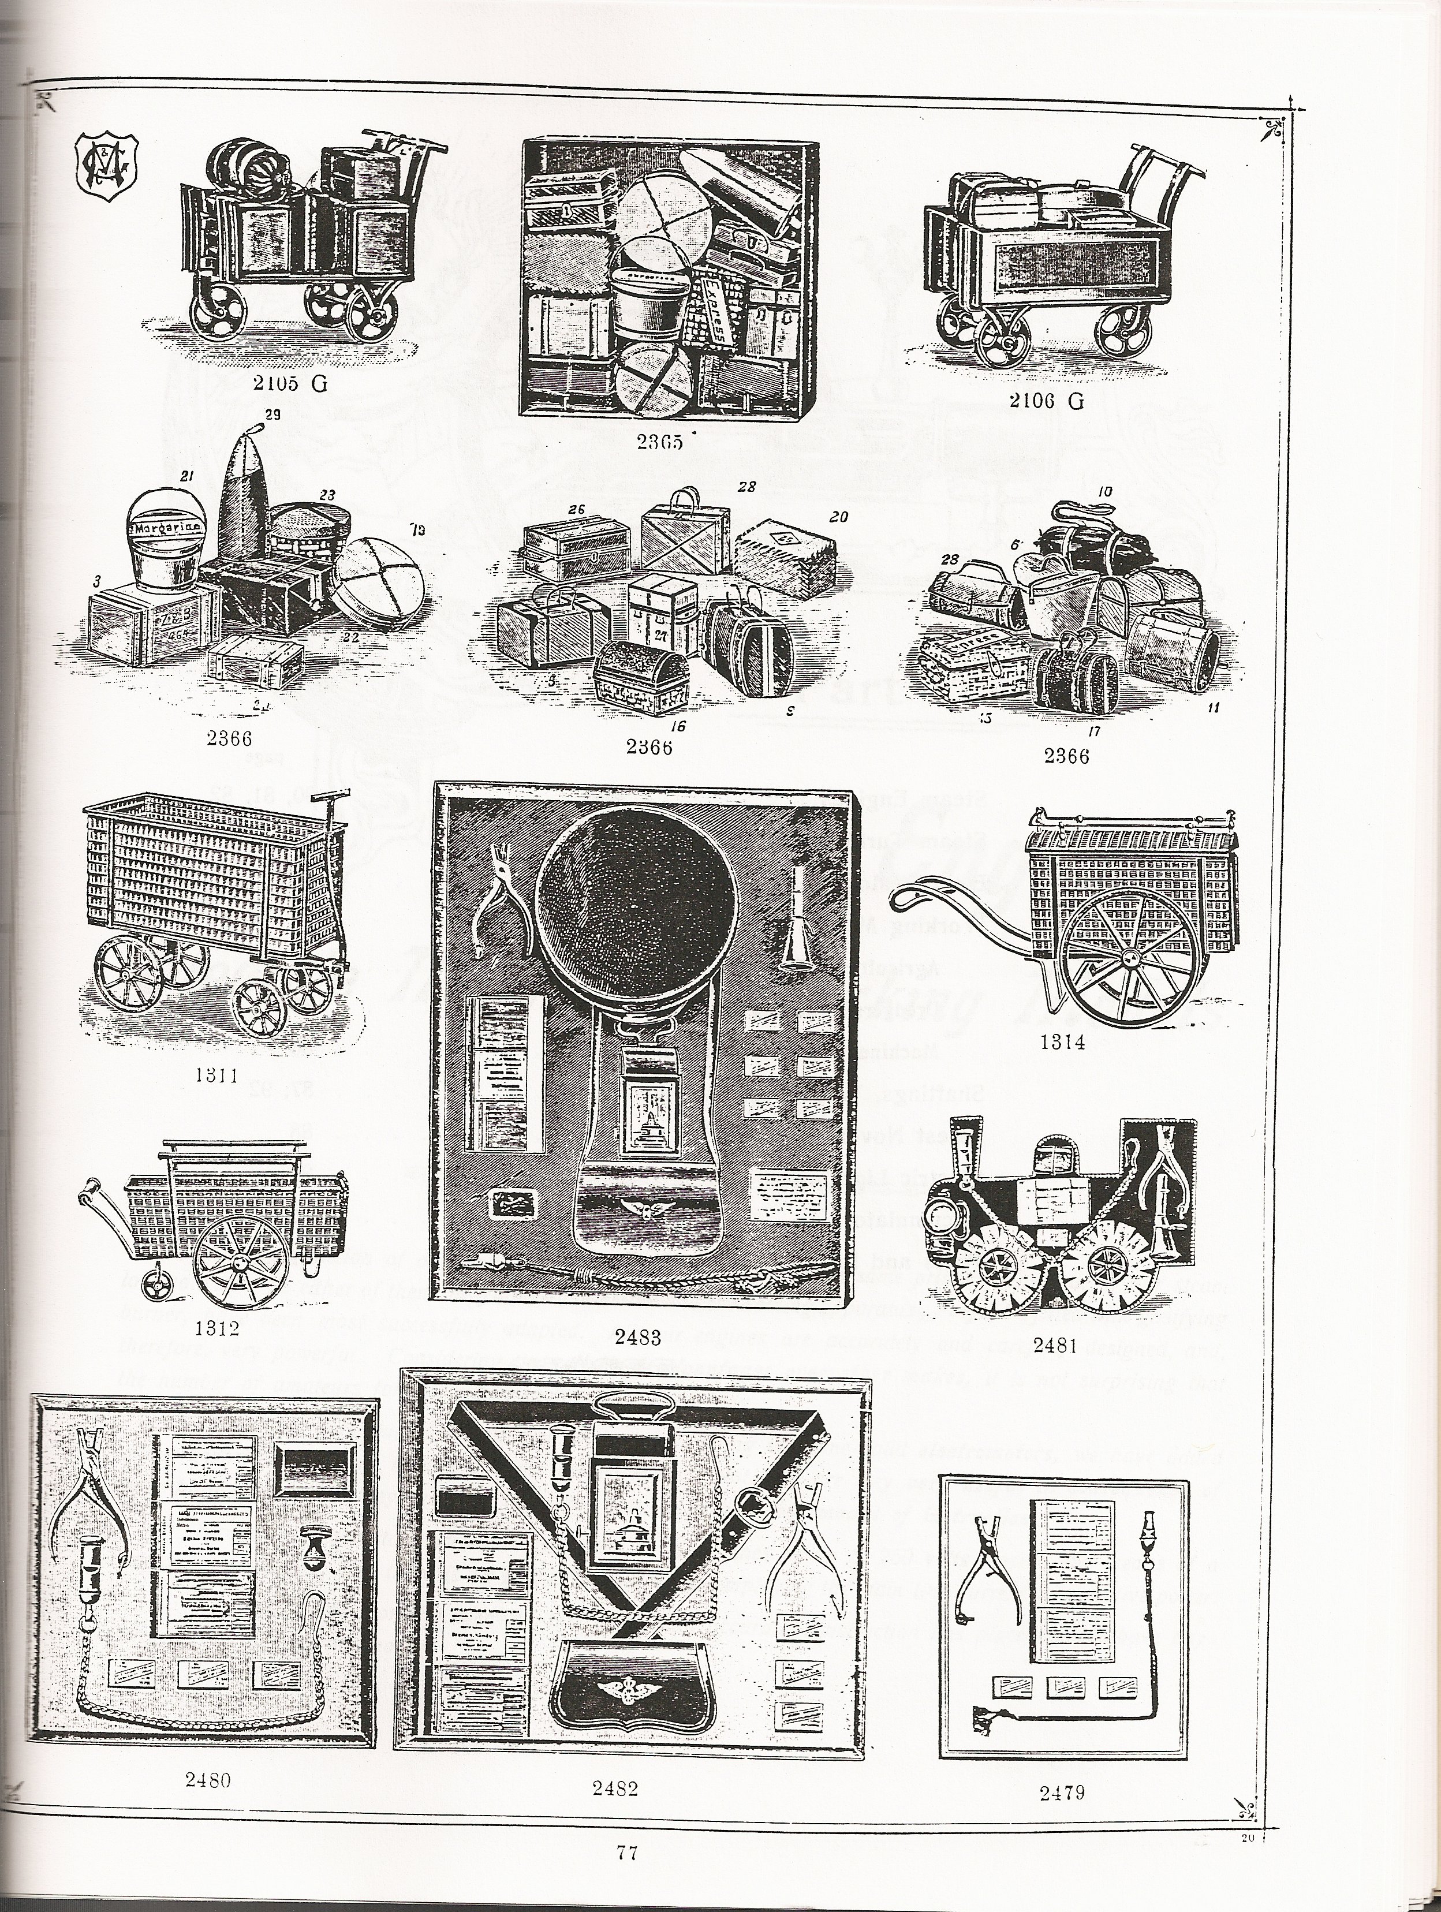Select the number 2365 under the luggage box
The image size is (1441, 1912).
(660, 442)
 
